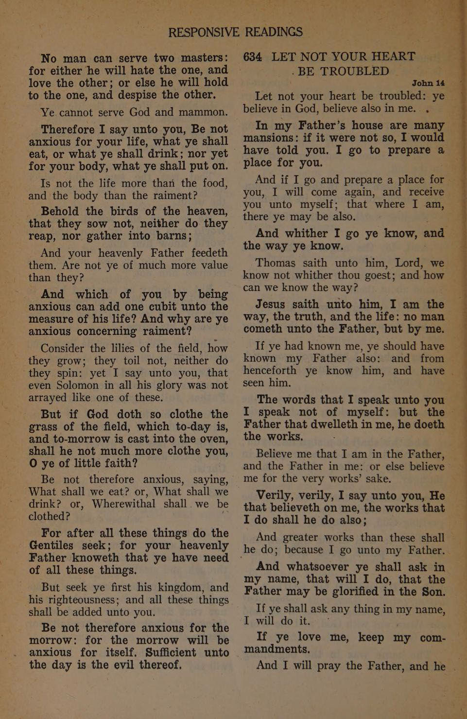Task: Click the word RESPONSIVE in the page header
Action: click(204, 32)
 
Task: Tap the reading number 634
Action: click(253, 56)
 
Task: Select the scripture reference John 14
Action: click(428, 81)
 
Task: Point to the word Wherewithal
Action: click(124, 504)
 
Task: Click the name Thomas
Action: click(276, 263)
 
